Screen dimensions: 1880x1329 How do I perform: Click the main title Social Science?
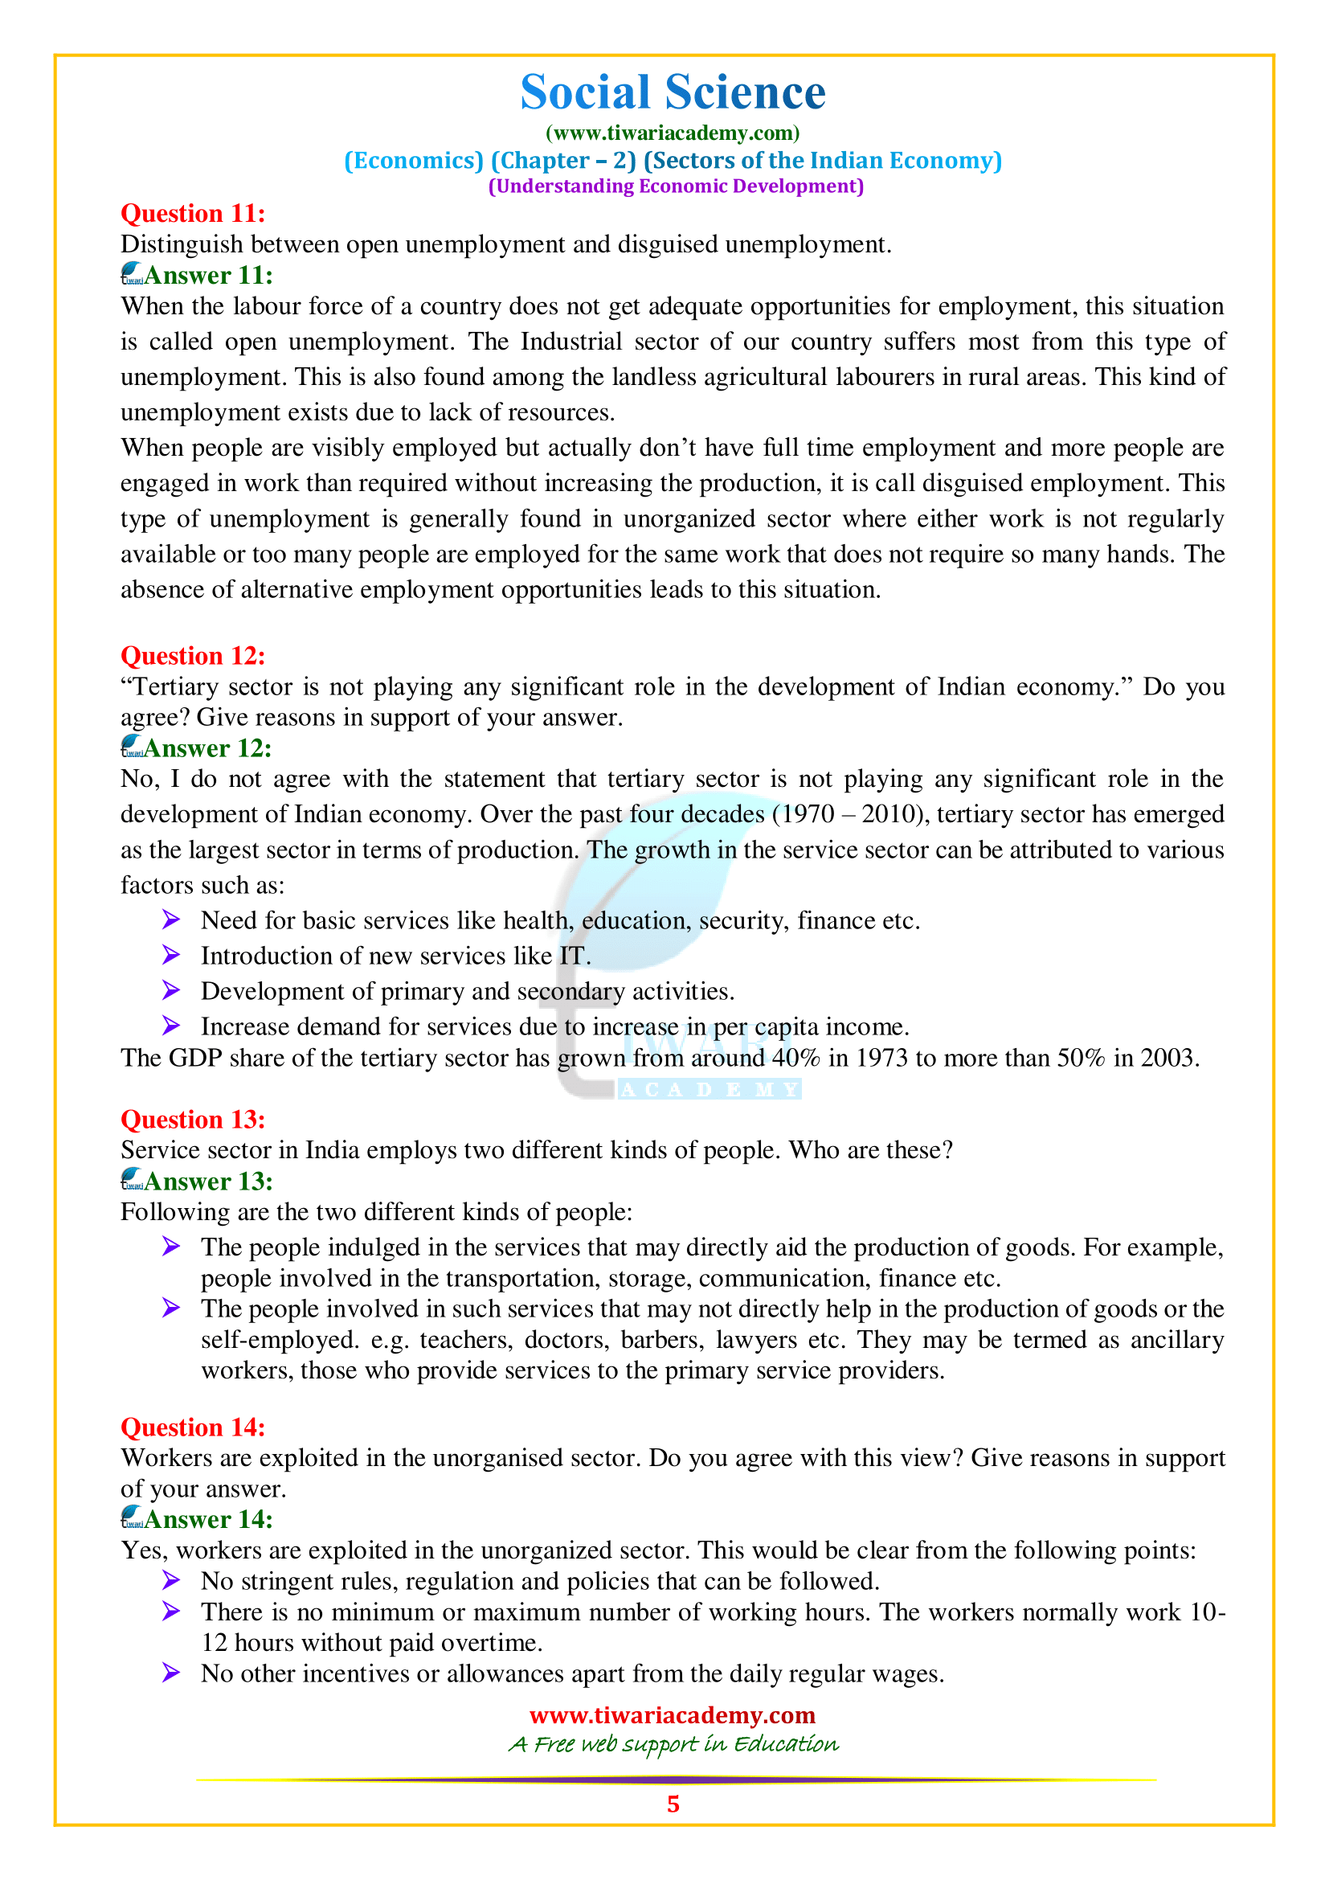click(x=673, y=92)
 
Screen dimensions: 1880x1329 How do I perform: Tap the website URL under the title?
click(x=673, y=133)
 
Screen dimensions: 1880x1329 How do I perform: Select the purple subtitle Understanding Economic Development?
click(x=676, y=186)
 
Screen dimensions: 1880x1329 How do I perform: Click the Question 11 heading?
click(x=193, y=214)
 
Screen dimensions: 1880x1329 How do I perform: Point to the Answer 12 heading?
click(x=208, y=748)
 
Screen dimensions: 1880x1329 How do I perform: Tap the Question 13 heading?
click(x=193, y=1120)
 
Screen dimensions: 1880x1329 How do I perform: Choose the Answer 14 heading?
click(x=208, y=1520)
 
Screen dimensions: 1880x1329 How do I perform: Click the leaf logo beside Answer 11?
click(x=132, y=273)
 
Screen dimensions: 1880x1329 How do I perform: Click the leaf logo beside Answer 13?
click(x=132, y=1180)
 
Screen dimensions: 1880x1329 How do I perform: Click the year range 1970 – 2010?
click(x=849, y=815)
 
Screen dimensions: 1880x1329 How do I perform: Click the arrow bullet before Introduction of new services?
click(x=171, y=955)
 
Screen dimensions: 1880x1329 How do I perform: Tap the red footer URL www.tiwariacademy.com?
click(x=673, y=1714)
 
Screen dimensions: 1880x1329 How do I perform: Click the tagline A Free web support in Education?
click(x=673, y=1744)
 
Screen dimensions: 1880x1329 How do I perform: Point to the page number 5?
click(x=673, y=1804)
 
